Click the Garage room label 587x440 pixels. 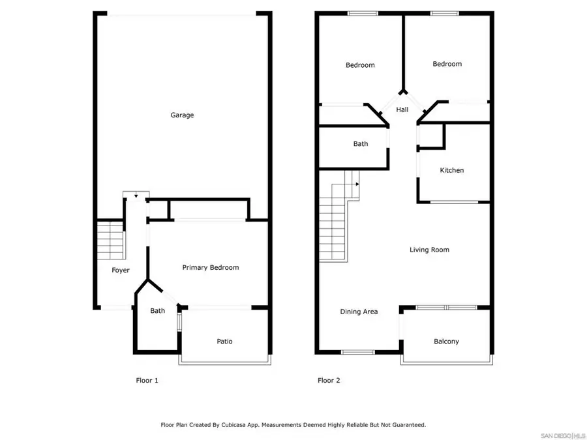point(182,115)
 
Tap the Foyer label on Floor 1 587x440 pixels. point(121,271)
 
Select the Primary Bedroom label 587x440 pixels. point(210,267)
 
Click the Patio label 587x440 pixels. point(224,342)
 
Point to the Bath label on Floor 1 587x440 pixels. point(157,311)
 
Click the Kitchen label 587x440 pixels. point(451,170)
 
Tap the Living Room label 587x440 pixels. point(429,250)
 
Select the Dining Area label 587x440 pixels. point(359,312)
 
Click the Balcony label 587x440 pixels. point(446,342)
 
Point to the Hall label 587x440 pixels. point(402,110)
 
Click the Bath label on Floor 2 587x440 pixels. point(361,144)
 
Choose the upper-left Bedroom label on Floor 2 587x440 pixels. point(360,65)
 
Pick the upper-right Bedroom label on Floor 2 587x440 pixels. point(447,64)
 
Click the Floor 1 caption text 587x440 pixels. point(147,380)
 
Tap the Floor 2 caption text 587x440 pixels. point(329,380)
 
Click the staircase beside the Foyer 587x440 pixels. point(111,240)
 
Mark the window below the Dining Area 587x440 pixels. point(357,353)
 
